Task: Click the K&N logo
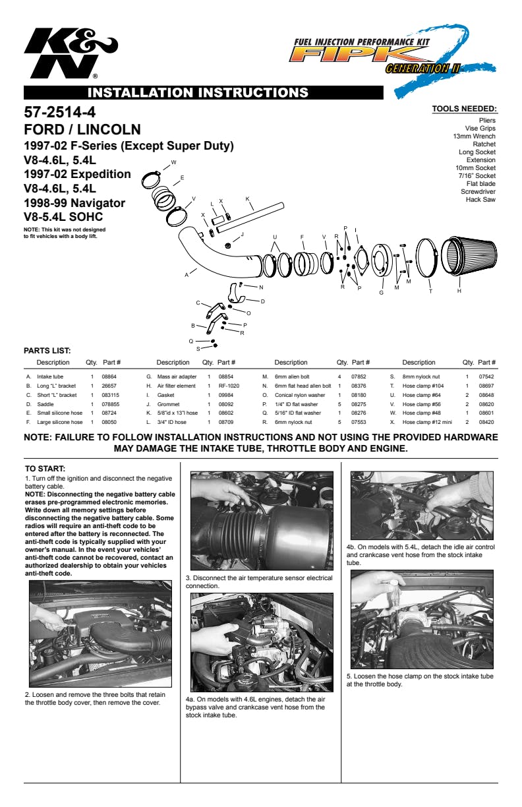click(x=71, y=53)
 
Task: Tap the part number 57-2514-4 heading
click(x=60, y=112)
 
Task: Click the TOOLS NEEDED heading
click(x=465, y=109)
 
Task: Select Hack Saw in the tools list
click(x=480, y=200)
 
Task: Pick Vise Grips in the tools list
click(x=480, y=129)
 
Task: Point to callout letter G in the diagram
click(x=382, y=293)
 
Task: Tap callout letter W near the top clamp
click(x=173, y=162)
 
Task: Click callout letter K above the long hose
click(x=248, y=199)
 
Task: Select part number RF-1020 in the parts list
click(x=229, y=386)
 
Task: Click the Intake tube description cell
click(x=50, y=376)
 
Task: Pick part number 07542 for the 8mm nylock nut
click(x=486, y=376)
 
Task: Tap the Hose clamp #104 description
click(x=423, y=386)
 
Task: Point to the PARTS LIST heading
click(x=47, y=351)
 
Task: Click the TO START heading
click(x=45, y=469)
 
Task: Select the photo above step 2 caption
click(x=100, y=634)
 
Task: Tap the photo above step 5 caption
click(x=422, y=619)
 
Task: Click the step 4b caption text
click(x=420, y=555)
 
